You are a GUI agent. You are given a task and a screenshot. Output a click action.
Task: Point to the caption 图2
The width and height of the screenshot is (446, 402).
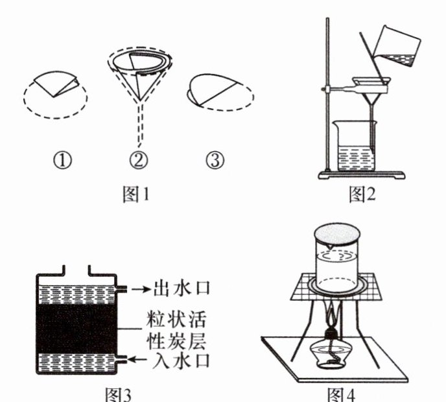[x=363, y=194]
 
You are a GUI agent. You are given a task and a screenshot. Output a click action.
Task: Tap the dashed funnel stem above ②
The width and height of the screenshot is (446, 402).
[x=137, y=126]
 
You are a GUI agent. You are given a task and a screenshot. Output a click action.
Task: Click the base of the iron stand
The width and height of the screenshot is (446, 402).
[x=360, y=174]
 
